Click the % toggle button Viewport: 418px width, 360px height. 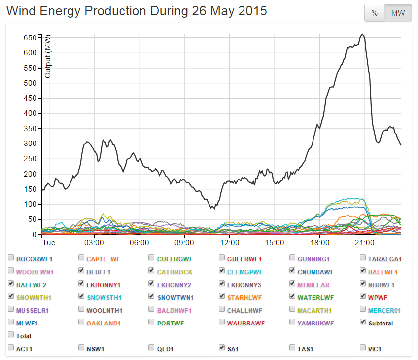tap(374, 13)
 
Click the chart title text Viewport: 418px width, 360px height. tap(137, 11)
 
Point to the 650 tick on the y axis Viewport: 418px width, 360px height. tap(31, 37)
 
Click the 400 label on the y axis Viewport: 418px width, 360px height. tap(31, 113)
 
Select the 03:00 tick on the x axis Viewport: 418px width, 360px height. tap(94, 243)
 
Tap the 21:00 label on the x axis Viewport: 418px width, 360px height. tap(364, 243)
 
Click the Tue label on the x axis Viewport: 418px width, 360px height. tap(48, 243)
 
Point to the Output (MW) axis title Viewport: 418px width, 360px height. tap(48, 58)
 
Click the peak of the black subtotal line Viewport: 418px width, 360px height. tap(362, 34)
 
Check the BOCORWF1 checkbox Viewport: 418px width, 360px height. tap(11, 258)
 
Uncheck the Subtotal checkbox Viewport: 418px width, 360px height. tap(363, 323)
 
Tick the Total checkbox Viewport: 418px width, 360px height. tap(11, 335)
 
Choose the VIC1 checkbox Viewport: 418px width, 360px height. tap(363, 348)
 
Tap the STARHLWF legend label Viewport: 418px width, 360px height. tap(244, 297)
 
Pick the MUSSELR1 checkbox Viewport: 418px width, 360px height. tap(11, 310)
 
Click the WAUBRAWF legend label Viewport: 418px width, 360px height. tap(245, 323)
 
